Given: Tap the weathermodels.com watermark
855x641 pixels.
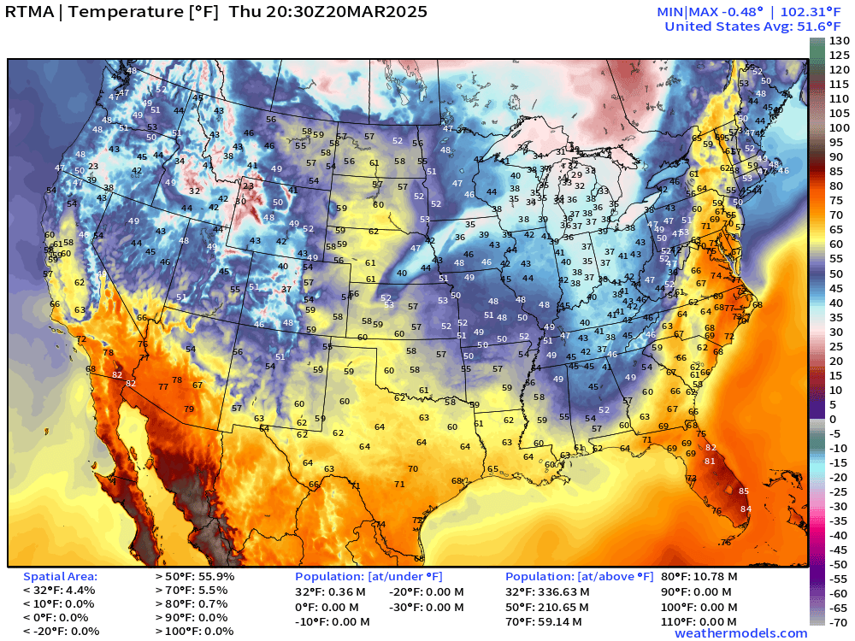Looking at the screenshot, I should click(x=740, y=632).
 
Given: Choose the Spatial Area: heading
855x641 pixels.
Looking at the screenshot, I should click(x=60, y=577).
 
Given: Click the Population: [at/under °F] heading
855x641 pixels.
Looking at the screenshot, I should click(x=369, y=577).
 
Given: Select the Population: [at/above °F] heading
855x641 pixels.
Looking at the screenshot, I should click(x=579, y=577).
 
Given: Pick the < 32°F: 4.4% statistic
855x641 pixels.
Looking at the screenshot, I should click(x=59, y=591).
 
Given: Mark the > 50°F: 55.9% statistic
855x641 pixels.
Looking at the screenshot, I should click(x=194, y=577).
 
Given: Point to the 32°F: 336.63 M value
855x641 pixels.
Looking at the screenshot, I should click(x=547, y=591).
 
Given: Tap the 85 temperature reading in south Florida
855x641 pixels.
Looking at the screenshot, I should click(x=744, y=491).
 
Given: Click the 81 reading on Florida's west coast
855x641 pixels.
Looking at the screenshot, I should click(x=709, y=462).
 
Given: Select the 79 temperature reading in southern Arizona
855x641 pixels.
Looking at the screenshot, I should click(x=189, y=409).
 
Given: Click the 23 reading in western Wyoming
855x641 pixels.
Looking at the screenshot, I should click(x=248, y=185).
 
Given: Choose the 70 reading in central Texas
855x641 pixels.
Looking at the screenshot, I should click(x=413, y=469).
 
